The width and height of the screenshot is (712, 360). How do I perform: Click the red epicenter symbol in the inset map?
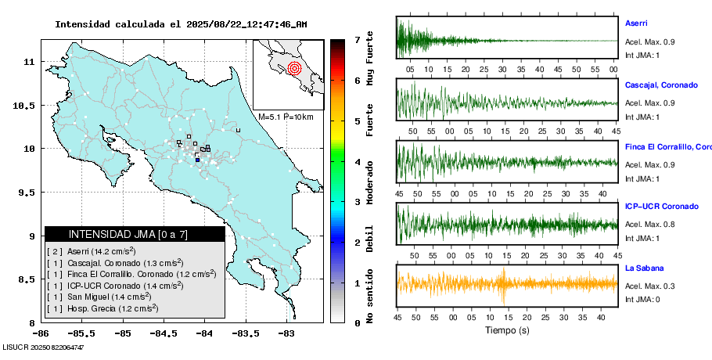click(295, 67)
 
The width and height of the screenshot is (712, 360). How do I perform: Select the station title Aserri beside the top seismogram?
click(635, 23)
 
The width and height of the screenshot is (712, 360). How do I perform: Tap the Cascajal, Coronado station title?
click(660, 85)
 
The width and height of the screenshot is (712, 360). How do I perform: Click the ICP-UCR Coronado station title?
click(661, 207)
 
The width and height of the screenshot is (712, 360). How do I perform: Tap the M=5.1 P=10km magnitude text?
click(286, 117)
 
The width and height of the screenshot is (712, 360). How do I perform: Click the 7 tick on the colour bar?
click(357, 39)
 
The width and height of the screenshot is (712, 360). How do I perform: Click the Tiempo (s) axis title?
click(508, 330)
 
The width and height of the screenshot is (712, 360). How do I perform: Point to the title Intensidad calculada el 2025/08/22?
click(181, 24)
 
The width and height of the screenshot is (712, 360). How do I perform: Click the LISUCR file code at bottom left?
click(44, 346)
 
